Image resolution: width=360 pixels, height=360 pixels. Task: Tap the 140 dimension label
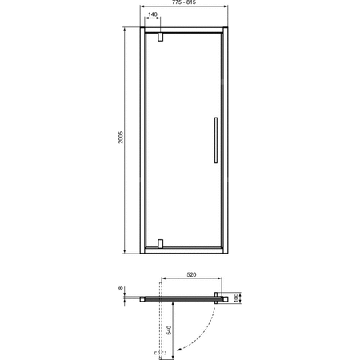[x=152, y=26]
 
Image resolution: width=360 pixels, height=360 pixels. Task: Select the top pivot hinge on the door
[x=162, y=37]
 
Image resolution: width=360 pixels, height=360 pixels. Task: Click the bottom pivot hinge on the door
[x=162, y=242]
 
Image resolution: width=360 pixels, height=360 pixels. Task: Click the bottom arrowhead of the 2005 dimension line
[x=126, y=250]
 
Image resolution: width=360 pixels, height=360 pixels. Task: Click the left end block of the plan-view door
[x=142, y=299]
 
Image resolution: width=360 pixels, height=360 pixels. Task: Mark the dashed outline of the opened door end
[x=160, y=351]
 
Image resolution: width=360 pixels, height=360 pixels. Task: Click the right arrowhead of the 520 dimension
[x=218, y=281]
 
